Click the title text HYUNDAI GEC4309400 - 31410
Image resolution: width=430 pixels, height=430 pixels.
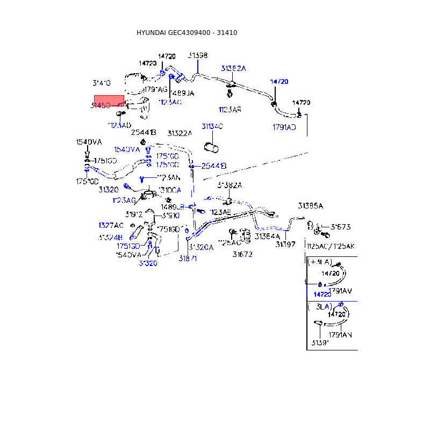(187, 33)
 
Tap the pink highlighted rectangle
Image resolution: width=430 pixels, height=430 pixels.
(109, 101)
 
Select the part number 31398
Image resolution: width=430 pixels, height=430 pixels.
(198, 55)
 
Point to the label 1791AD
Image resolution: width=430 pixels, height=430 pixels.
(284, 127)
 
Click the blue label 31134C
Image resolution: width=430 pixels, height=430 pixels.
(212, 126)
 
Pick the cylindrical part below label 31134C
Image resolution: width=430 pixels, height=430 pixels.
(211, 147)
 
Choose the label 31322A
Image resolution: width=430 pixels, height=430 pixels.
(179, 133)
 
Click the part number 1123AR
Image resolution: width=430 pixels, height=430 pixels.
(230, 110)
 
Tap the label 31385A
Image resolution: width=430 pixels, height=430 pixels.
(311, 206)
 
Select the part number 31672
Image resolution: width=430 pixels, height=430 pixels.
(242, 254)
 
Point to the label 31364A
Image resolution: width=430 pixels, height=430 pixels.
(267, 236)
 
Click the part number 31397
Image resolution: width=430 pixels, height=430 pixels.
(285, 245)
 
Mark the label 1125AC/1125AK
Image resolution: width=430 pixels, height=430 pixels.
(330, 246)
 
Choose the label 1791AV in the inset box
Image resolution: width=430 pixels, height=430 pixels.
(340, 291)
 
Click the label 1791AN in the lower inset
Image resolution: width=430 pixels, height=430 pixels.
(340, 335)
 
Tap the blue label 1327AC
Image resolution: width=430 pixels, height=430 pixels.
(111, 225)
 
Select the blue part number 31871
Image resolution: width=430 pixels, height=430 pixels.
(188, 259)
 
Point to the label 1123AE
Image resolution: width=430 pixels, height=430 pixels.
(220, 212)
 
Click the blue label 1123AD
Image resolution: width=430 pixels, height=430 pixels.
(119, 125)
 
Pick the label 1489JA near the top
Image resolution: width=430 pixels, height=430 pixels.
(183, 93)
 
